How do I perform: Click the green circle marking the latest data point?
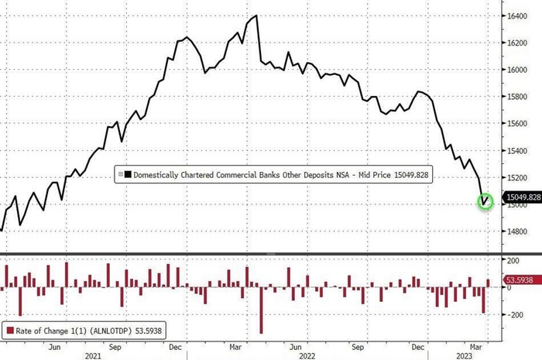pos(485,202)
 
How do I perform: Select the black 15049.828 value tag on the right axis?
pos(522,197)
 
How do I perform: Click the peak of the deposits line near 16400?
pos(256,15)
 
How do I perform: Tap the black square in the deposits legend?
pos(127,176)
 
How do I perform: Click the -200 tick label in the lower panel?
pos(512,315)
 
